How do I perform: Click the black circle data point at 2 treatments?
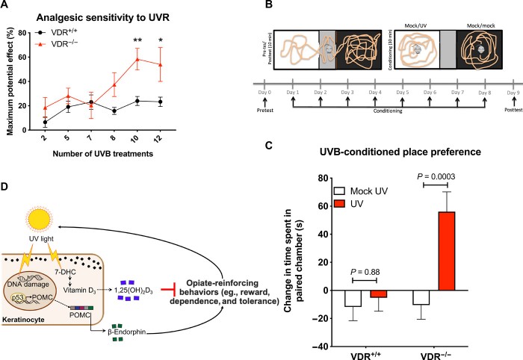tap(65, 122)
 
